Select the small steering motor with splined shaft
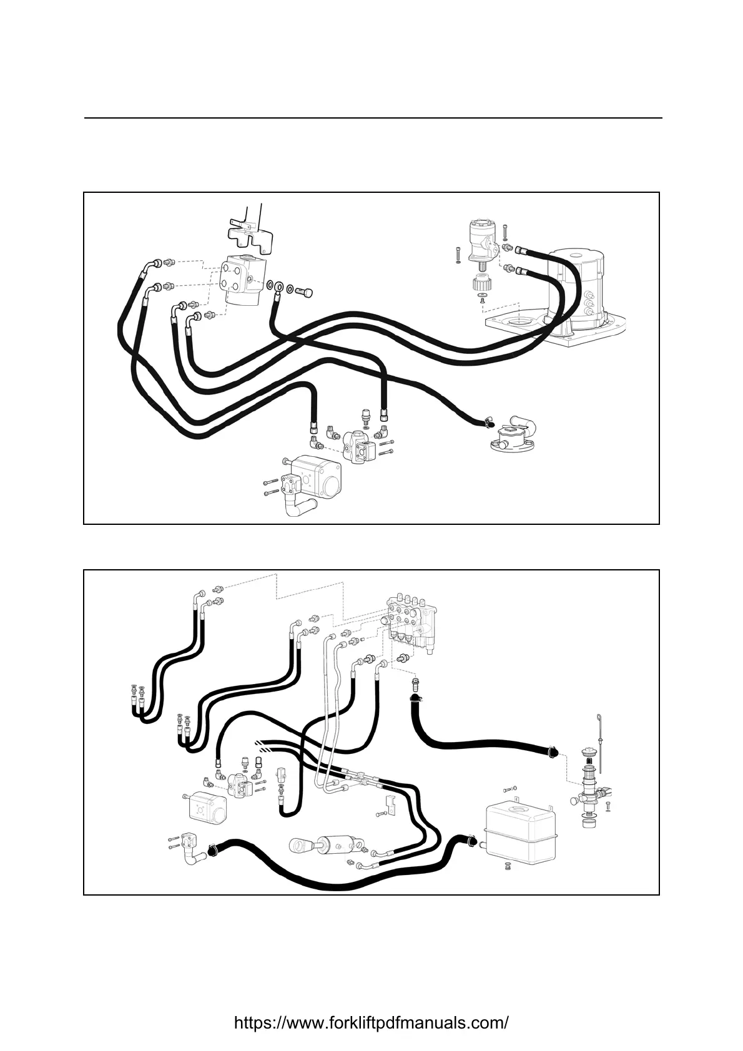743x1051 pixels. (483, 240)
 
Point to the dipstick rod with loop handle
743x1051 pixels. (599, 736)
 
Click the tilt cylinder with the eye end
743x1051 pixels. (328, 845)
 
